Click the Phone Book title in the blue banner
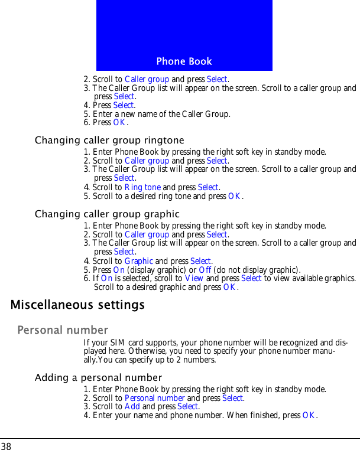[x=184, y=61]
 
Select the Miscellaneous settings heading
[x=77, y=305]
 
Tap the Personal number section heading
[x=63, y=330]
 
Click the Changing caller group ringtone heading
[x=109, y=141]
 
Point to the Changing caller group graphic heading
[x=107, y=214]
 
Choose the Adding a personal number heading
[x=98, y=377]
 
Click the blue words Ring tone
[x=142, y=187]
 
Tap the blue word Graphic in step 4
[x=140, y=261]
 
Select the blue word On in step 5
[x=118, y=270]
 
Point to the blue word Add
[x=132, y=407]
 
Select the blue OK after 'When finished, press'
[x=308, y=416]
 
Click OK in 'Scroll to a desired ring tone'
[x=233, y=196]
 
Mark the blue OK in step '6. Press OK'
[x=119, y=123]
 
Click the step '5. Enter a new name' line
[x=157, y=114]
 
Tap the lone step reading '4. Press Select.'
[x=110, y=105]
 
